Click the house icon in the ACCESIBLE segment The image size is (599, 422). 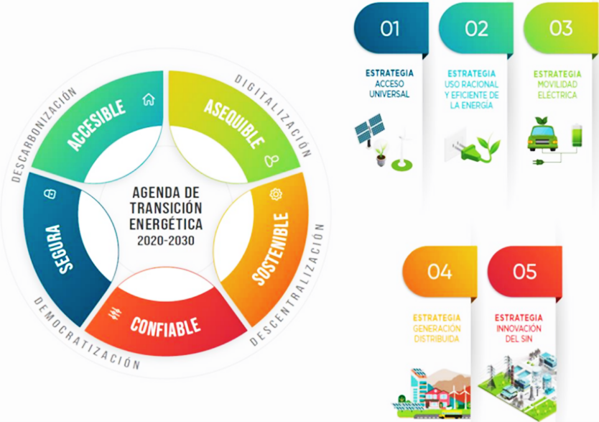[149, 99]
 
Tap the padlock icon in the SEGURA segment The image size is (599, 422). [50, 194]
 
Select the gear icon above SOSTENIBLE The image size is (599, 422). [275, 194]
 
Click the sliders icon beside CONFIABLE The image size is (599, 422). [115, 314]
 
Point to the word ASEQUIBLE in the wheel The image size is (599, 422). [234, 124]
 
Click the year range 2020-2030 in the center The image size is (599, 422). [166, 241]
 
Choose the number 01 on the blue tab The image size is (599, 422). [390, 28]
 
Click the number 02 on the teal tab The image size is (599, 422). [476, 28]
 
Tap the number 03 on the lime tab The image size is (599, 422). [561, 28]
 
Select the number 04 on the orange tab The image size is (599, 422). [440, 272]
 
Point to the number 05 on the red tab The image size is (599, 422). [524, 272]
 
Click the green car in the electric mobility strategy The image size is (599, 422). [542, 135]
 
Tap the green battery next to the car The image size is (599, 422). [577, 134]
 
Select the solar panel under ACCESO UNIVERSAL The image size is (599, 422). [369, 129]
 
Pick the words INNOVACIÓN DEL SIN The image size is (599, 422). [519, 334]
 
